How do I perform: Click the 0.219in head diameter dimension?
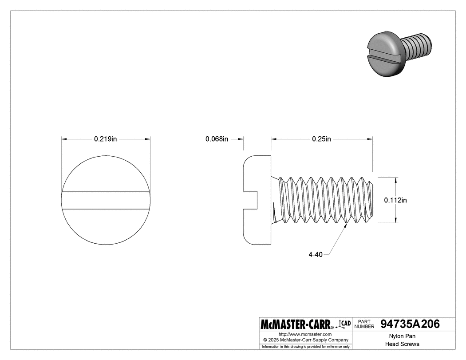point(105,139)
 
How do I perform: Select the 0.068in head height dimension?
point(217,139)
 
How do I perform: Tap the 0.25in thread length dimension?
point(321,139)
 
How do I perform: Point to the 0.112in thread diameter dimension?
point(395,200)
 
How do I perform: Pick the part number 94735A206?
point(410,324)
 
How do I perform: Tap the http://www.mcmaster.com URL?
point(305,334)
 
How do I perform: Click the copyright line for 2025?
point(305,340)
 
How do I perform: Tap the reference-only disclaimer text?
point(306,346)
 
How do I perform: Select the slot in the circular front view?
point(106,200)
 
